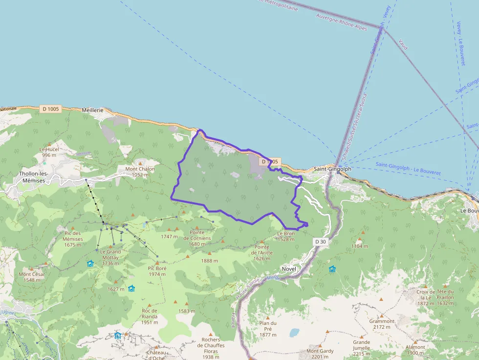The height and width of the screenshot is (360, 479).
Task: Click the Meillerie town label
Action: click(93, 110)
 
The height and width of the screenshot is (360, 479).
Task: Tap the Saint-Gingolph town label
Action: click(332, 169)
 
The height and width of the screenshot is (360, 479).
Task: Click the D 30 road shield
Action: click(320, 242)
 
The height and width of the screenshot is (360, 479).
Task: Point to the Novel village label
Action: click(289, 269)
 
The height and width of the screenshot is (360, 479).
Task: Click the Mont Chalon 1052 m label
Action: click(140, 171)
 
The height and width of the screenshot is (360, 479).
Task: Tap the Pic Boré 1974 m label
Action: click(157, 271)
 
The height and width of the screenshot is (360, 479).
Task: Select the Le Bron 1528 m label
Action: click(286, 236)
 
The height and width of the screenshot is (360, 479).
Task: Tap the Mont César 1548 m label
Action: click(32, 277)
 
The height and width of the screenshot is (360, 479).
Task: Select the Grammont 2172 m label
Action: click(382, 324)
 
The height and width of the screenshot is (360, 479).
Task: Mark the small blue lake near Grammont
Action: click(294, 333)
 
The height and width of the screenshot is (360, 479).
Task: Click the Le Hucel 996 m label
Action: click(49, 152)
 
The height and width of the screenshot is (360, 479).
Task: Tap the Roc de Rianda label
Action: click(150, 313)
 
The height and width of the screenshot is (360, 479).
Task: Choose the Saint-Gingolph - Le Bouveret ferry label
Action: click(408, 169)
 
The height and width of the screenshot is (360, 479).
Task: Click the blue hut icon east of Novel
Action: click(332, 269)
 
